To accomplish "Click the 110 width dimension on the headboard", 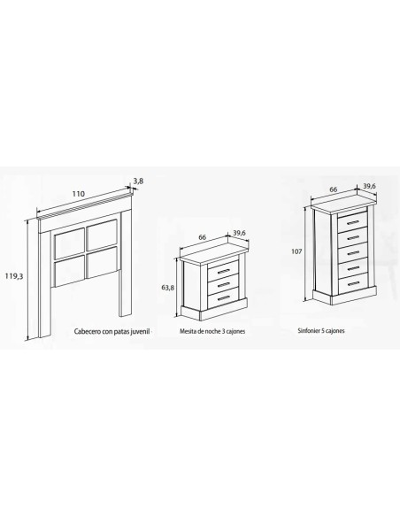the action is tap(79, 194).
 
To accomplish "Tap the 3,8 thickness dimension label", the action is tap(138, 181).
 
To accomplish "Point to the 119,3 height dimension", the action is tap(14, 276).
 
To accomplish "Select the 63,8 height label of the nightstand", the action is tap(168, 288).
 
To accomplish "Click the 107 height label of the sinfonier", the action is tap(296, 251).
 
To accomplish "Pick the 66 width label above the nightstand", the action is tap(203, 237).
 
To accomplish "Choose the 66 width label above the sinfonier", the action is tap(334, 189).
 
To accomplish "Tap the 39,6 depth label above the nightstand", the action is tap(240, 233).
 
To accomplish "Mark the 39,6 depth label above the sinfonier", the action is tap(369, 186).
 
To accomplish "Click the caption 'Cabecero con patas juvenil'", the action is tap(112, 331).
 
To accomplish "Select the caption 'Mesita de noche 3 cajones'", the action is tap(212, 331).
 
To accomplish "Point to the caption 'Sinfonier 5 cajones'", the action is tap(321, 330).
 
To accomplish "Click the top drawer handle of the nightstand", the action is tap(224, 271).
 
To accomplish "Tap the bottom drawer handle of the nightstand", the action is tap(224, 298).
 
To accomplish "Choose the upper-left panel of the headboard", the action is tap(70, 243).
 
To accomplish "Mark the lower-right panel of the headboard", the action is tap(102, 262).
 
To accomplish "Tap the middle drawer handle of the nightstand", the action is tap(224, 284).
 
